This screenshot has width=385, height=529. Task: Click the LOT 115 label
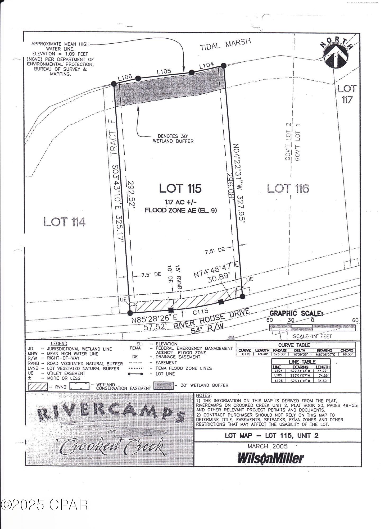180,188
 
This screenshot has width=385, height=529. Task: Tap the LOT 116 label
288,188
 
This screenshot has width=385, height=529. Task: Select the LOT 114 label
65,222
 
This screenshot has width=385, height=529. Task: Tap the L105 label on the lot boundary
164,71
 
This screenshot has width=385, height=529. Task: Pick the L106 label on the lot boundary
125,77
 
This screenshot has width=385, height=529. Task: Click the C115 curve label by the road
200,312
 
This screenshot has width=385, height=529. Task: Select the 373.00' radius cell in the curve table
280,354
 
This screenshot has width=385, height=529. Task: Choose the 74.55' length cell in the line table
322,375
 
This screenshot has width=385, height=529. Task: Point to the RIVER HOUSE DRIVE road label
212,319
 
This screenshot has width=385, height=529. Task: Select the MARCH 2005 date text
267,446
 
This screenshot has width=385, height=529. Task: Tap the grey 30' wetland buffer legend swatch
164,386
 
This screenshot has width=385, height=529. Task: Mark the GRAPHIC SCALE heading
296,313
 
